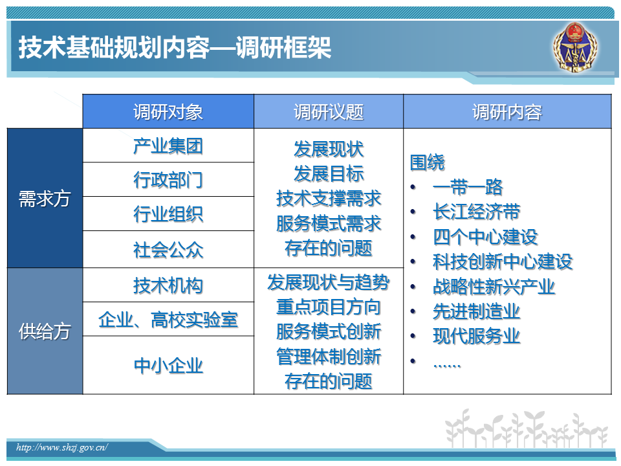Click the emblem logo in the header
pyautogui.click(x=576, y=47)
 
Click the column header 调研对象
pyautogui.click(x=168, y=112)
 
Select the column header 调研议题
pyautogui.click(x=329, y=112)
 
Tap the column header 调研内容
pyautogui.click(x=507, y=112)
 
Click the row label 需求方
pyautogui.click(x=45, y=199)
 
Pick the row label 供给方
pyautogui.click(x=45, y=331)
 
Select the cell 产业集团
pyautogui.click(x=168, y=146)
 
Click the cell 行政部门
pyautogui.click(x=168, y=180)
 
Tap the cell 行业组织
pyautogui.click(x=168, y=214)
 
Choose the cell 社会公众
pyautogui.click(x=168, y=250)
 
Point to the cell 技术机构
pyautogui.click(x=168, y=285)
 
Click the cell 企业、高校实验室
pyautogui.click(x=168, y=320)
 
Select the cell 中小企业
pyautogui.click(x=168, y=365)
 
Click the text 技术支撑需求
pyautogui.click(x=329, y=198)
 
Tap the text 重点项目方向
pyautogui.click(x=329, y=307)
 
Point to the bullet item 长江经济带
pyautogui.click(x=477, y=212)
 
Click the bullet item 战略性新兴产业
pyautogui.click(x=494, y=287)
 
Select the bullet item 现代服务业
pyautogui.click(x=477, y=336)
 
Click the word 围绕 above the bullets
pyautogui.click(x=428, y=162)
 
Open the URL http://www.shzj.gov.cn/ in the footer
pyautogui.click(x=62, y=447)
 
